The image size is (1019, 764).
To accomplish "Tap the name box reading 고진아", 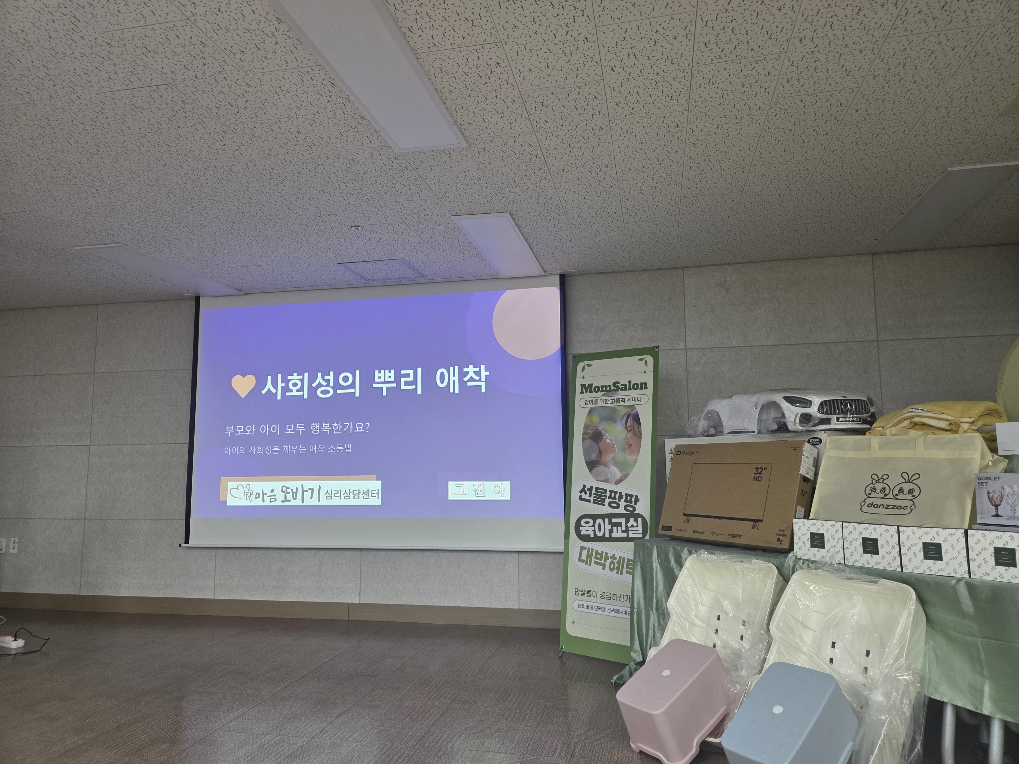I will (479, 490).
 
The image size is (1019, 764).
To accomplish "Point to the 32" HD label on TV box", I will (758, 474).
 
